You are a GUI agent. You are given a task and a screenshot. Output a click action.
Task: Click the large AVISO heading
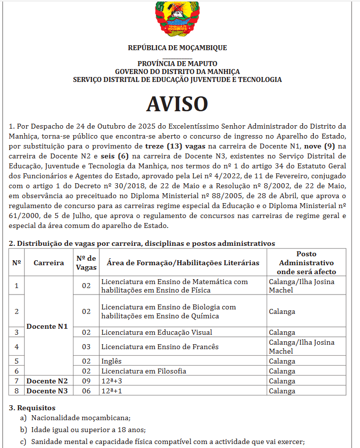(177, 104)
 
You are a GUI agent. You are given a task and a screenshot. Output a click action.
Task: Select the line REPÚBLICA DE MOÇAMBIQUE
(177, 48)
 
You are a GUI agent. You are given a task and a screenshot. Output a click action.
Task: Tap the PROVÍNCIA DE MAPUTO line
(177, 64)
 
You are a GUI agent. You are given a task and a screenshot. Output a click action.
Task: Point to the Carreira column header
(49, 263)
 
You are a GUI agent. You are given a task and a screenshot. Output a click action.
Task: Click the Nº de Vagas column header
(86, 263)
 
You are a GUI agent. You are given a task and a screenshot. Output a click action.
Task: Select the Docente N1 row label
(47, 326)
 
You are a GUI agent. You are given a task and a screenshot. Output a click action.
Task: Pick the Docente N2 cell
(47, 381)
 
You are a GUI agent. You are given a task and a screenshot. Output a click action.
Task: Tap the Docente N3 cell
(47, 391)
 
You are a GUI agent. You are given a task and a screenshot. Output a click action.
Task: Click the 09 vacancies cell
(86, 381)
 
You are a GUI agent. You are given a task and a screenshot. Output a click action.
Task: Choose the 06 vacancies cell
(86, 391)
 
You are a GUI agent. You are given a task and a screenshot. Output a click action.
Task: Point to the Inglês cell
(111, 361)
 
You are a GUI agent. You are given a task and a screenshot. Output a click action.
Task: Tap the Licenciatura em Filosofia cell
(144, 371)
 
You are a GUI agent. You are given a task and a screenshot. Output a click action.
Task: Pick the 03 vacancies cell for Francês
(86, 347)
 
